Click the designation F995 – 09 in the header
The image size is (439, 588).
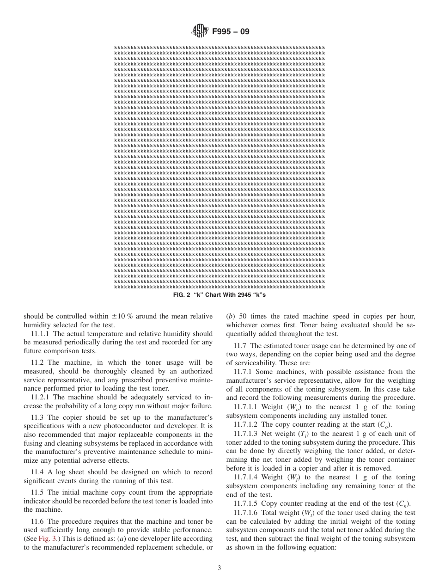(231, 32)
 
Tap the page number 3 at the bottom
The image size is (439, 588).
(219, 568)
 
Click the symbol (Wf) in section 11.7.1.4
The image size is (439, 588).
(294, 477)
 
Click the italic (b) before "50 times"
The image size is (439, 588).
(230, 316)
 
